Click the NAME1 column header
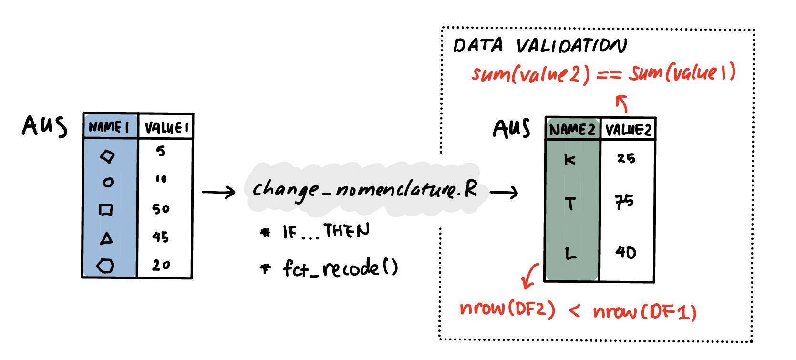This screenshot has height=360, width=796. click(109, 127)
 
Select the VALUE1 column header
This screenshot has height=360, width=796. click(166, 127)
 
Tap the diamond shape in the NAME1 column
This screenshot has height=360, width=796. click(108, 156)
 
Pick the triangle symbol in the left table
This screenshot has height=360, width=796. click(107, 238)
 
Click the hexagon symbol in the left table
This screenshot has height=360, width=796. click(105, 265)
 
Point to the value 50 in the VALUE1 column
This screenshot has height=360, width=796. click(161, 209)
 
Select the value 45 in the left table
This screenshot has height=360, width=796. click(161, 237)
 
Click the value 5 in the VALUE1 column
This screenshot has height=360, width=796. click(161, 151)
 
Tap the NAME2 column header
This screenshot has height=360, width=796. click(572, 130)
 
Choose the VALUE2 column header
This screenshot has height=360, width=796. click(628, 130)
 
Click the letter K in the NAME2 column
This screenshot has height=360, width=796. click(569, 160)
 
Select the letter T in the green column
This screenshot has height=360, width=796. click(570, 204)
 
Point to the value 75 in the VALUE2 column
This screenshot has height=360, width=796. click(624, 202)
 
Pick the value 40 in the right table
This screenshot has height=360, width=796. click(626, 252)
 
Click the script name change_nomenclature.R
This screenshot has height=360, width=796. click(365, 190)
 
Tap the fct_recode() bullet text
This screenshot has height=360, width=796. click(340, 268)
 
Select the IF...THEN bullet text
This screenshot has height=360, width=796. click(326, 232)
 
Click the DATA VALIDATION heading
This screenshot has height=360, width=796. click(540, 46)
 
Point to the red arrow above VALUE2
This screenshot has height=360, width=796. click(622, 103)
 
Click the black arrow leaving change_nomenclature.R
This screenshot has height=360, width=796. click(504, 192)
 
